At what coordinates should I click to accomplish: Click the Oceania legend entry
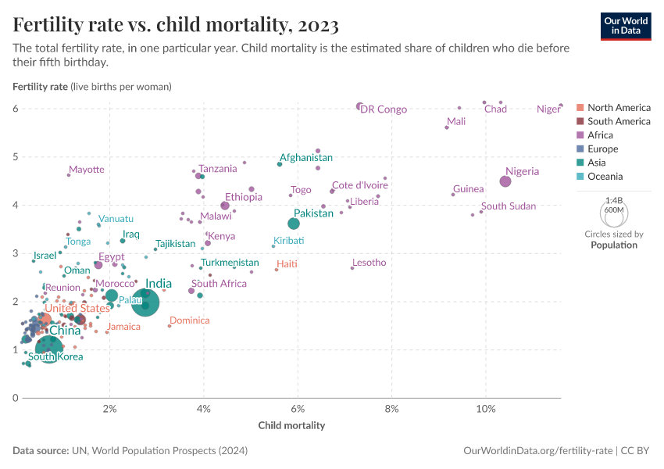pyautogui.click(x=605, y=177)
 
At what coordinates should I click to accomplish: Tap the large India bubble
pyautogui.click(x=146, y=303)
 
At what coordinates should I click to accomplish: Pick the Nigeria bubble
pyautogui.click(x=505, y=181)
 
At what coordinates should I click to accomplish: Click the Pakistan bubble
pyautogui.click(x=294, y=224)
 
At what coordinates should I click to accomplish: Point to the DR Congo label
pyautogui.click(x=384, y=109)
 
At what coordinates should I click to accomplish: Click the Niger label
pyautogui.click(x=548, y=109)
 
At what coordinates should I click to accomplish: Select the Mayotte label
pyautogui.click(x=86, y=170)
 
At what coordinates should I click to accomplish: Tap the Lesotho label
pyautogui.click(x=369, y=263)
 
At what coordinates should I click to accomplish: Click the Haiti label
pyautogui.click(x=287, y=264)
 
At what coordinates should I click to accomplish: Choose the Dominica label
pyautogui.click(x=190, y=320)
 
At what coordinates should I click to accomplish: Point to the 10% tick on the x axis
pyautogui.click(x=486, y=409)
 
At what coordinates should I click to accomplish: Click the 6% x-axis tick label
pyautogui.click(x=298, y=409)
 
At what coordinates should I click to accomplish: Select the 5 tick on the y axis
pyautogui.click(x=15, y=157)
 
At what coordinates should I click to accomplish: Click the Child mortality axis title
pyautogui.click(x=291, y=426)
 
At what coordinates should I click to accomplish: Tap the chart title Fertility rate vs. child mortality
pyautogui.click(x=176, y=25)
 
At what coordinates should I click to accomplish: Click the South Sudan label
pyautogui.click(x=509, y=206)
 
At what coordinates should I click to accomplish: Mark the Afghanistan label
pyautogui.click(x=306, y=158)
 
